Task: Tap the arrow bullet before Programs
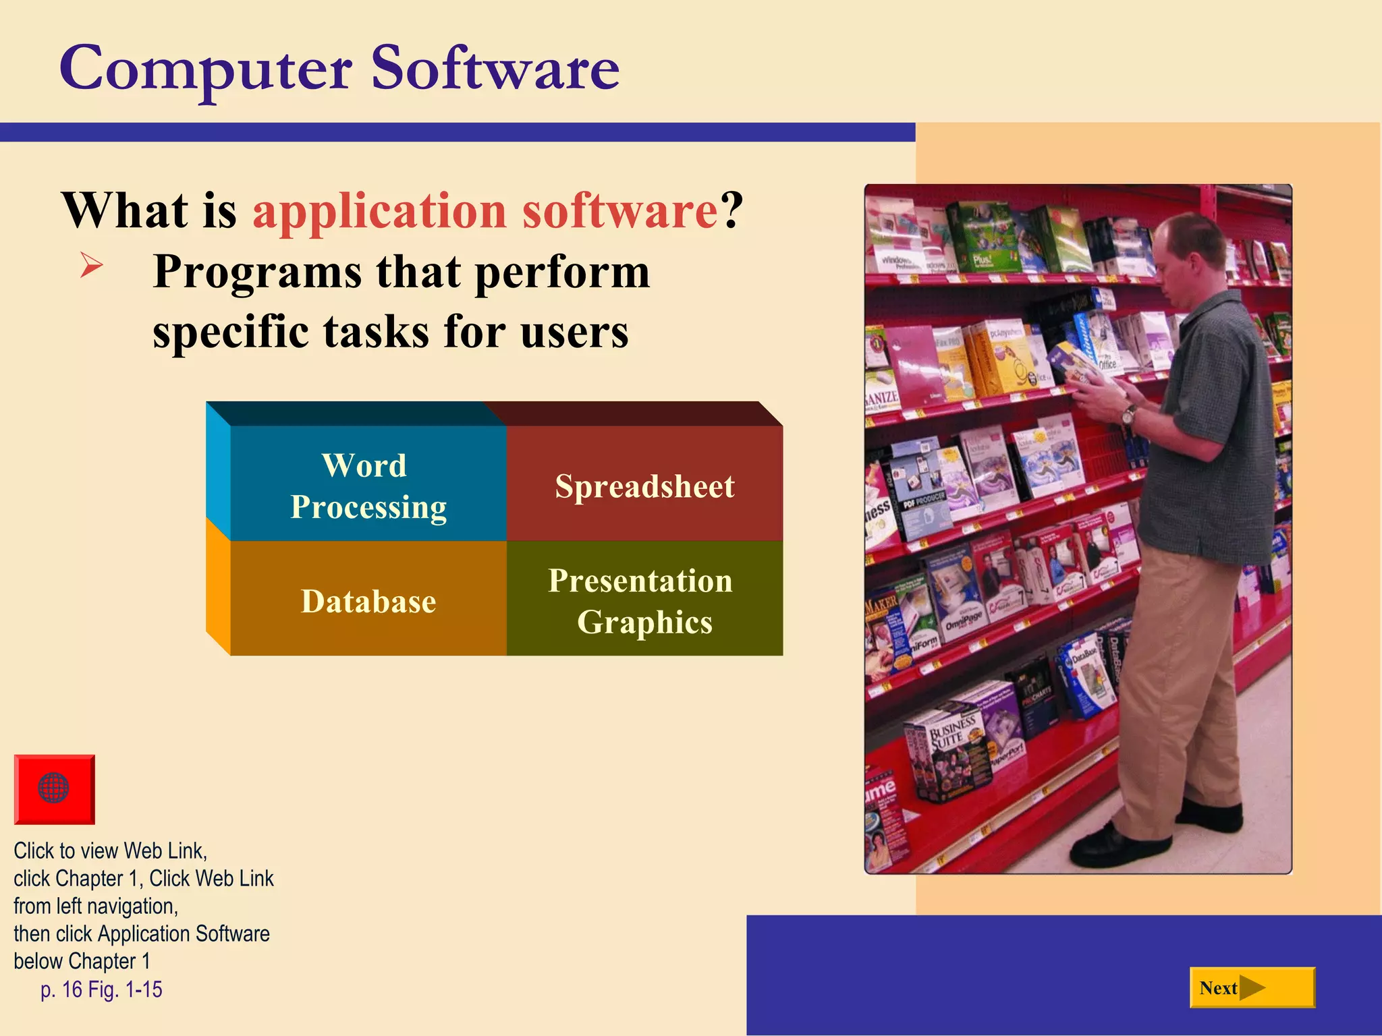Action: (x=91, y=264)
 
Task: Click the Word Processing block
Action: (x=368, y=486)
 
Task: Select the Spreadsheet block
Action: (x=644, y=486)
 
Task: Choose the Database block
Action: (x=368, y=600)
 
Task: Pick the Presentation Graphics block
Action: (x=641, y=600)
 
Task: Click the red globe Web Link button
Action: (x=54, y=788)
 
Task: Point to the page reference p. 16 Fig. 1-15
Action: (x=101, y=989)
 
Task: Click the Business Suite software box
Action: (x=948, y=749)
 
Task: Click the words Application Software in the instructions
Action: (x=184, y=933)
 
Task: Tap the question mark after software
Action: (x=731, y=211)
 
